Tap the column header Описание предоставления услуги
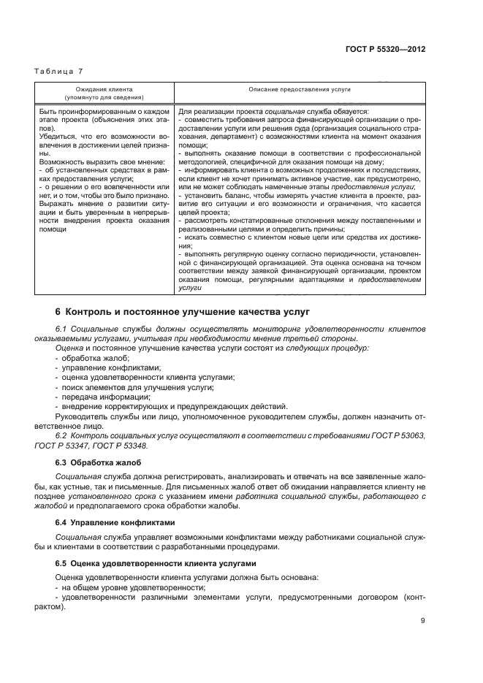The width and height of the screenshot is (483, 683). pyautogui.click(x=300, y=88)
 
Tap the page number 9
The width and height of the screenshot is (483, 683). pyautogui.click(x=423, y=622)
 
